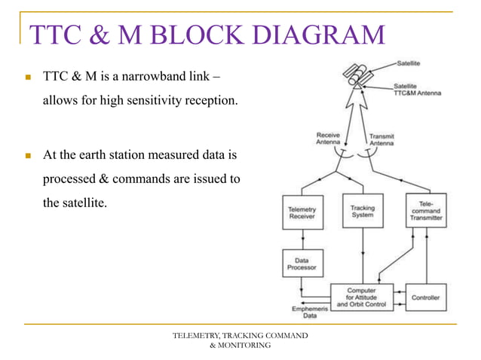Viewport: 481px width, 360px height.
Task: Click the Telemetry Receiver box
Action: pos(302,213)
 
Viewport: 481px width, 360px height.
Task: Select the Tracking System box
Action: pos(363,212)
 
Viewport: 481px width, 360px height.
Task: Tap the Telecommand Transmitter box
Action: pos(427,211)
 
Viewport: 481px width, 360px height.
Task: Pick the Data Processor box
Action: pos(302,263)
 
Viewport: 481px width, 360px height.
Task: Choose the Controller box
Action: pos(425,297)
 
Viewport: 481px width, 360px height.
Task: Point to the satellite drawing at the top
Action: pos(357,74)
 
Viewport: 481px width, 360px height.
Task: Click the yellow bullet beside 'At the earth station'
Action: pos(29,157)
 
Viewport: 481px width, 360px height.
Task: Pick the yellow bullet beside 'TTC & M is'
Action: pos(29,78)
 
